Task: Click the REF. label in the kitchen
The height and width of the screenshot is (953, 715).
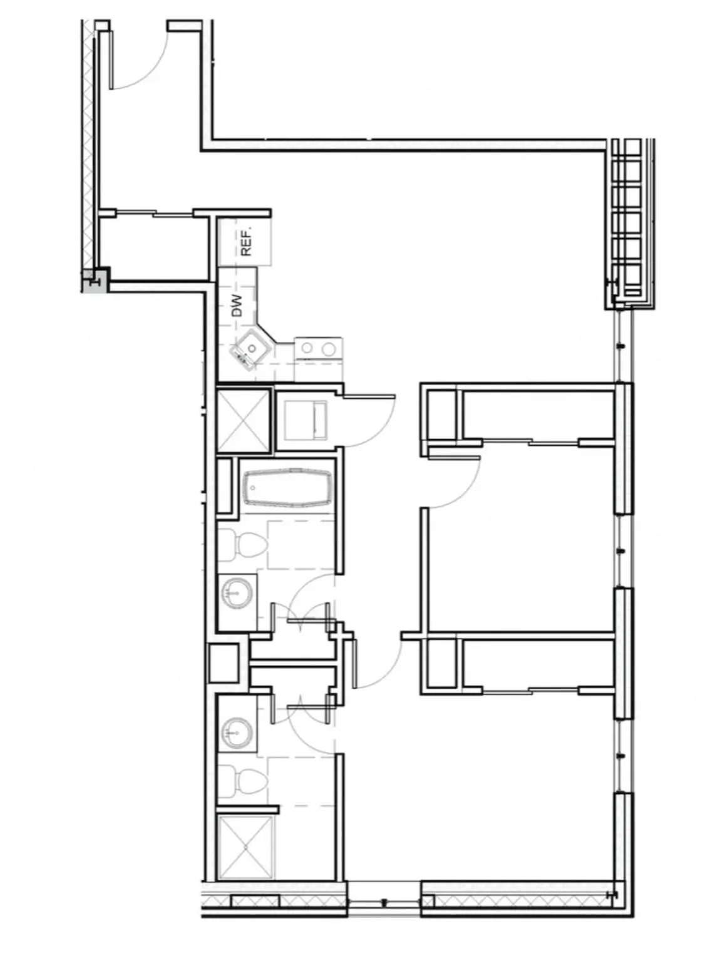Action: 246,244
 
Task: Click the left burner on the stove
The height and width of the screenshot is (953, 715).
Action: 307,348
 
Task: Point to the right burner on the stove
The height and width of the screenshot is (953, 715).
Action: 329,348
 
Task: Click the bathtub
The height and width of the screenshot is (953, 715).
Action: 287,488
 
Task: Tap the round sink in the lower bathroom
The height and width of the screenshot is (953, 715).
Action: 237,733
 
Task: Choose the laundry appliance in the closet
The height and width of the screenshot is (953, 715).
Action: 305,420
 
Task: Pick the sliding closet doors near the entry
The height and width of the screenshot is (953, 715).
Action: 155,213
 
